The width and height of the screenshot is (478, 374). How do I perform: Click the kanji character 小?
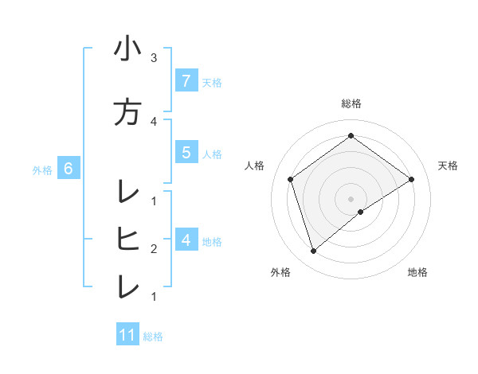(x=127, y=49)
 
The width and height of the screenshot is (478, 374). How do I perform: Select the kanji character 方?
(x=127, y=111)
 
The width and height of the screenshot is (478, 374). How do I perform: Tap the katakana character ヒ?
(x=127, y=238)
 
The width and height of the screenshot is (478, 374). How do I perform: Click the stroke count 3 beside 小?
(x=154, y=58)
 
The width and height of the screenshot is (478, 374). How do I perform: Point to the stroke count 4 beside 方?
(x=154, y=121)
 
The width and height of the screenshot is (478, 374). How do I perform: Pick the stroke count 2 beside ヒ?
(x=154, y=248)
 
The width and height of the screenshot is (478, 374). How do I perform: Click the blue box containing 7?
(x=186, y=80)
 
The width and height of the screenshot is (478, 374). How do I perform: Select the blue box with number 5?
(x=186, y=153)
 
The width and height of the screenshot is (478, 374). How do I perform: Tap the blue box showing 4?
(x=186, y=240)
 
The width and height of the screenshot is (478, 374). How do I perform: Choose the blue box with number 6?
(x=69, y=169)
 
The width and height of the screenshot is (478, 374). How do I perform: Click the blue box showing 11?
(x=127, y=335)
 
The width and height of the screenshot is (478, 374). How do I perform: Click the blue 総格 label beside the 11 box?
(x=153, y=336)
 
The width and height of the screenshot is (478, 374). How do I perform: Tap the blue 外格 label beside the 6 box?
(x=42, y=169)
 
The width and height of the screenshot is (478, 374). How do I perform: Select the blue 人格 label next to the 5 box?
(x=212, y=154)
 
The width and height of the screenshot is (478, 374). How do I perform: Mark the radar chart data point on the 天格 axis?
(x=411, y=179)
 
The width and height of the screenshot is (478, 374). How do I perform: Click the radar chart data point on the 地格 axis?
(x=361, y=212)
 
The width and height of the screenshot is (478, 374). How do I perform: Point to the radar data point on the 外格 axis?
(x=313, y=251)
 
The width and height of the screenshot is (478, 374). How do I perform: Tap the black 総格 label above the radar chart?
(x=351, y=103)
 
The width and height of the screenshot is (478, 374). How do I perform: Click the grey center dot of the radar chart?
(x=351, y=198)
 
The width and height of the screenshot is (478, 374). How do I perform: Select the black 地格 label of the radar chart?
(x=417, y=272)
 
